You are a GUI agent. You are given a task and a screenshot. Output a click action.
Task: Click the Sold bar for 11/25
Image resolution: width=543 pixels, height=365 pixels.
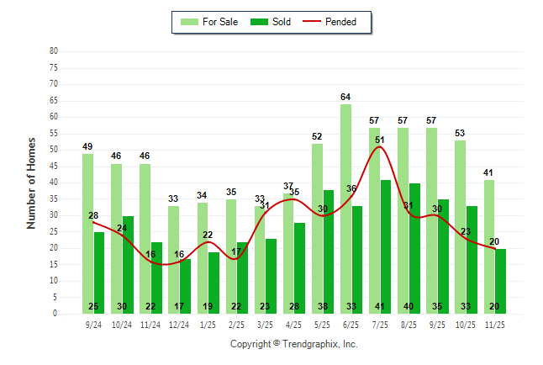pos(500,281)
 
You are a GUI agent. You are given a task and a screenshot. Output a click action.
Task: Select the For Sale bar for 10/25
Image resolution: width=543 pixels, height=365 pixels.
pos(460,226)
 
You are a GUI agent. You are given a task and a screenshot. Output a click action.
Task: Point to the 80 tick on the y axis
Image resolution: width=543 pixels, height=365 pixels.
pos(54,50)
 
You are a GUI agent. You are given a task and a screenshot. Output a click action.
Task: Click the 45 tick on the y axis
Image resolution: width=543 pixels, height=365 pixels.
pos(54,166)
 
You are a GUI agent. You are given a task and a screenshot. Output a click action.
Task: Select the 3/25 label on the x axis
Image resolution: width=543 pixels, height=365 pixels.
pos(265,323)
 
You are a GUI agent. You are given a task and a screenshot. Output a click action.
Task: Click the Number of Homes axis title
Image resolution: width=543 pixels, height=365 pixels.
pos(31,182)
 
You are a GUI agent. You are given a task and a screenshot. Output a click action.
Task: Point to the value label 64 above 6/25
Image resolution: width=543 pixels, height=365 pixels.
pos(345,98)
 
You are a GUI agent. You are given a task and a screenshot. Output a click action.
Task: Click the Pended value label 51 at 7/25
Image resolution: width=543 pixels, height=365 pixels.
pos(380,140)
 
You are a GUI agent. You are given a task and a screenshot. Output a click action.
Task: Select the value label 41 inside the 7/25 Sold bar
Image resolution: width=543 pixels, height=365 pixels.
pos(379,306)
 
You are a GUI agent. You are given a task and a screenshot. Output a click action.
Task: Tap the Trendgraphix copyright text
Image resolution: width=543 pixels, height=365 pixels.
pos(293,344)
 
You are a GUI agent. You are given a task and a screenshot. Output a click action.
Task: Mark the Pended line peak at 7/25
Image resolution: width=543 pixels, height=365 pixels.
pos(379,147)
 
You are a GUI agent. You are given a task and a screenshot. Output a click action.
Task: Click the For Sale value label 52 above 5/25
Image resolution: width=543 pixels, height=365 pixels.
pos(317,136)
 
